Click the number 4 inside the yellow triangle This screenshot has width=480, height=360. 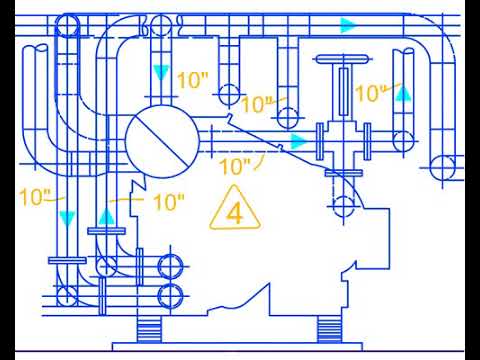tap(235, 212)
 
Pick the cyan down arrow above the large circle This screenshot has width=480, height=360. tap(161, 73)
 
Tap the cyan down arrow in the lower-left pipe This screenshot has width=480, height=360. tap(66, 217)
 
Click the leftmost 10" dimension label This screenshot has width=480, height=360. tap(35, 195)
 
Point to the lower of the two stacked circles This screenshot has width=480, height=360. tap(171, 295)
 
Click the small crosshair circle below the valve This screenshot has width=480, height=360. tap(344, 207)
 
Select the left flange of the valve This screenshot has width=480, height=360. tap(319, 139)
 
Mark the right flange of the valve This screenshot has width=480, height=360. tap(369, 139)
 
